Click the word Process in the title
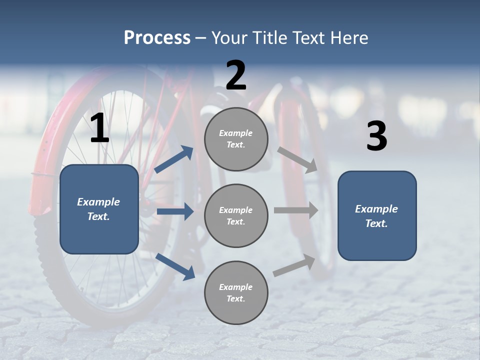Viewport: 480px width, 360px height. pos(157,38)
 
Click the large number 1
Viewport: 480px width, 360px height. pos(99,128)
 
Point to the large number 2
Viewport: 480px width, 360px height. pos(236,75)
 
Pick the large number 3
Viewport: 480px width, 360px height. pos(376,136)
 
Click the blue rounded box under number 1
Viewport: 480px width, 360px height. pos(99,209)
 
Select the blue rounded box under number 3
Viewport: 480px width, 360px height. pos(377,215)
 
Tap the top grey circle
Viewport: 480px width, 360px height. pos(236,139)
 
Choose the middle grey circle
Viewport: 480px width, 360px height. pos(236,215)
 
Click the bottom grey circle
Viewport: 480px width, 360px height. pos(236,292)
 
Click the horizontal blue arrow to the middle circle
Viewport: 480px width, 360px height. pos(175,211)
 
